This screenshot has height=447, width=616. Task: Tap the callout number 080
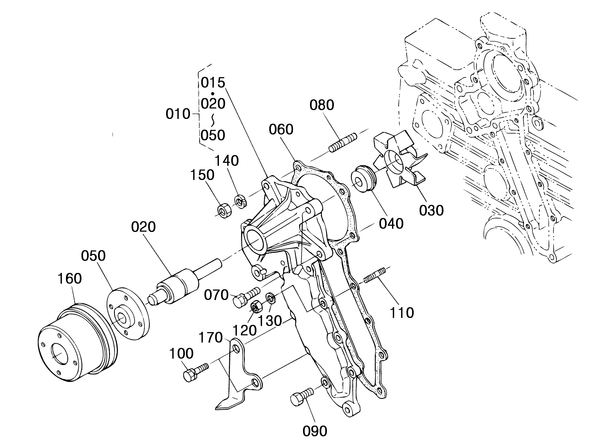[322, 105]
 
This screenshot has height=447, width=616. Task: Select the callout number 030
[431, 211]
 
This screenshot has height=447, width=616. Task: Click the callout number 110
[402, 313]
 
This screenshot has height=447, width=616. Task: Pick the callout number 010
[178, 114]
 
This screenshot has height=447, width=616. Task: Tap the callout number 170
[211, 337]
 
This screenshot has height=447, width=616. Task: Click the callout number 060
[281, 129]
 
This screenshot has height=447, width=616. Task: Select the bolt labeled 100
[195, 372]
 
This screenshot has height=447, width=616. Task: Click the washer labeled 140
[240, 201]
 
